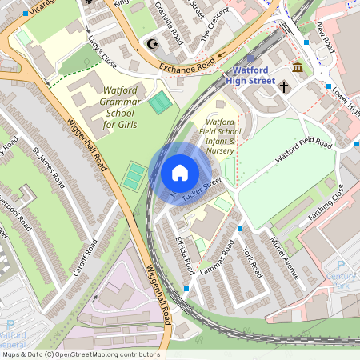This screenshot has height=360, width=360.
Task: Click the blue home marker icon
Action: [x=180, y=173]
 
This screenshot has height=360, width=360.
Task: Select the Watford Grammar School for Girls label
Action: [x=119, y=107]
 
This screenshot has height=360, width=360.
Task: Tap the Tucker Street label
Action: [x=201, y=190]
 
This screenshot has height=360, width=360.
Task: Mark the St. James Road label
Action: [x=49, y=164]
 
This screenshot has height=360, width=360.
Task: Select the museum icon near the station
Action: [x=298, y=67]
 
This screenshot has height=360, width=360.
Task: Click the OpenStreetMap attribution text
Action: [x=80, y=354]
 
